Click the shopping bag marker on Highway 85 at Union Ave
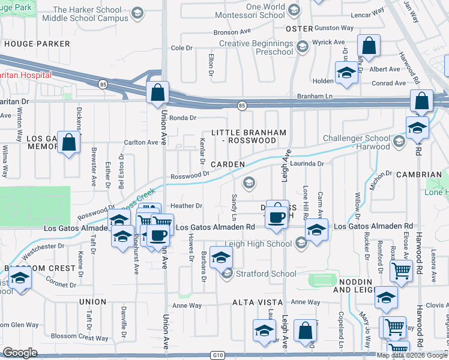[x=157, y=93]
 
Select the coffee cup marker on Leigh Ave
[x=277, y=217]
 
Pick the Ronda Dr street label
[x=182, y=118]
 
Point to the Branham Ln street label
[x=315, y=96]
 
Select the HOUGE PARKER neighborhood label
[x=37, y=44]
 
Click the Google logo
[x=20, y=353]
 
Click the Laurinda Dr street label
[x=308, y=163]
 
